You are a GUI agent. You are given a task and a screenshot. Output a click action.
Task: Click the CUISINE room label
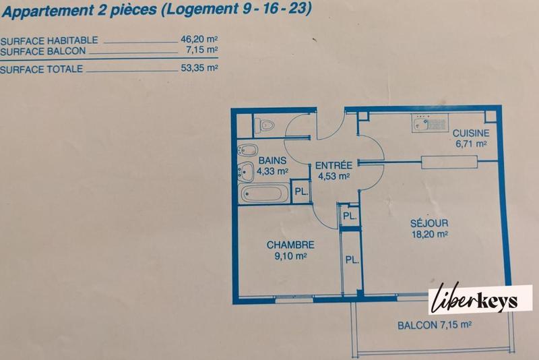470,133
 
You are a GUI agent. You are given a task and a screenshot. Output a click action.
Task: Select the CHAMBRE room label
290,245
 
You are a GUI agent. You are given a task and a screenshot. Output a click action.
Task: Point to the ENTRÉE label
334,165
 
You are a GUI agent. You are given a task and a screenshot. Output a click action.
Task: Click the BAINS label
272,160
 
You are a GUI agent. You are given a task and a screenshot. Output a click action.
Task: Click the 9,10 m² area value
290,256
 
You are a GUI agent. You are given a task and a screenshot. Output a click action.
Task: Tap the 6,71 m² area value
471,144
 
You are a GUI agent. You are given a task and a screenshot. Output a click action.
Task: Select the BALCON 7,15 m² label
433,325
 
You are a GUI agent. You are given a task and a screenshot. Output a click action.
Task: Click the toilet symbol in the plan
265,125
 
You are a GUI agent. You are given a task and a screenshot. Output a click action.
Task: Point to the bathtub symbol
265,196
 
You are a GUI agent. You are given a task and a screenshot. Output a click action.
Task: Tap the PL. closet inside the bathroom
302,192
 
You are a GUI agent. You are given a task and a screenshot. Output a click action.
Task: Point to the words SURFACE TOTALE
42,69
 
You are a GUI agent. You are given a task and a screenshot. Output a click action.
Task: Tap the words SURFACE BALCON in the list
41,50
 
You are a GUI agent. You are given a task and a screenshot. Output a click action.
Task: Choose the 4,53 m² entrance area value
334,177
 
